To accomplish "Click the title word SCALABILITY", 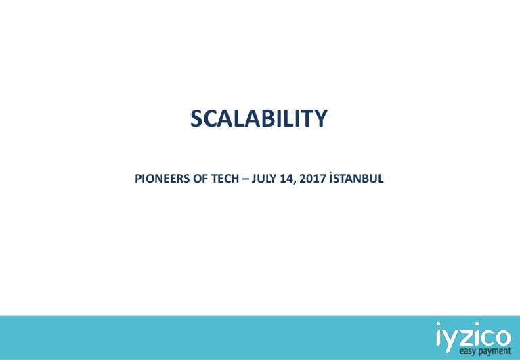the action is (x=259, y=118).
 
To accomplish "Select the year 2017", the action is (x=313, y=179).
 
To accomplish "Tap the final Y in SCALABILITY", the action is (x=321, y=118).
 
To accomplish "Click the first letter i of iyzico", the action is (x=439, y=334).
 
